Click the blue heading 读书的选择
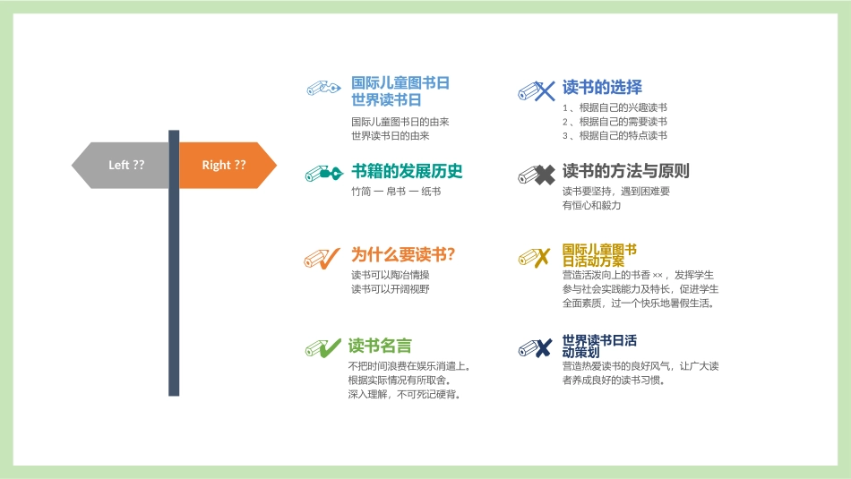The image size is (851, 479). click(602, 88)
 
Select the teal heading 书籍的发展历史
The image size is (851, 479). click(407, 171)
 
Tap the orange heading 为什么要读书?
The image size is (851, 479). click(403, 254)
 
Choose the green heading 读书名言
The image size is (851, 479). click(381, 346)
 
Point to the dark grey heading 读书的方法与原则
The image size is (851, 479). click(625, 171)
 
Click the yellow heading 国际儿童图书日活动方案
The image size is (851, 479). click(599, 255)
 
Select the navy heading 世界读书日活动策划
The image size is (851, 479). click(599, 346)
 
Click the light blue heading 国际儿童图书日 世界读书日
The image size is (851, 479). click(400, 91)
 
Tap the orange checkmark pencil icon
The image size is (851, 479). click(322, 258)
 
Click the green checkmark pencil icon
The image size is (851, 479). click(322, 347)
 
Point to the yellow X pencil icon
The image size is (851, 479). click(535, 258)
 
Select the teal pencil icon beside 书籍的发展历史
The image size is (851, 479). click(322, 172)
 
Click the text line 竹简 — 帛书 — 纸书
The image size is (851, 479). click(396, 192)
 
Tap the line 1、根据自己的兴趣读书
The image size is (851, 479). click(615, 107)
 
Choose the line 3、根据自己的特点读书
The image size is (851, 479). click(615, 136)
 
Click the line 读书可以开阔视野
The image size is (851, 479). click(391, 289)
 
